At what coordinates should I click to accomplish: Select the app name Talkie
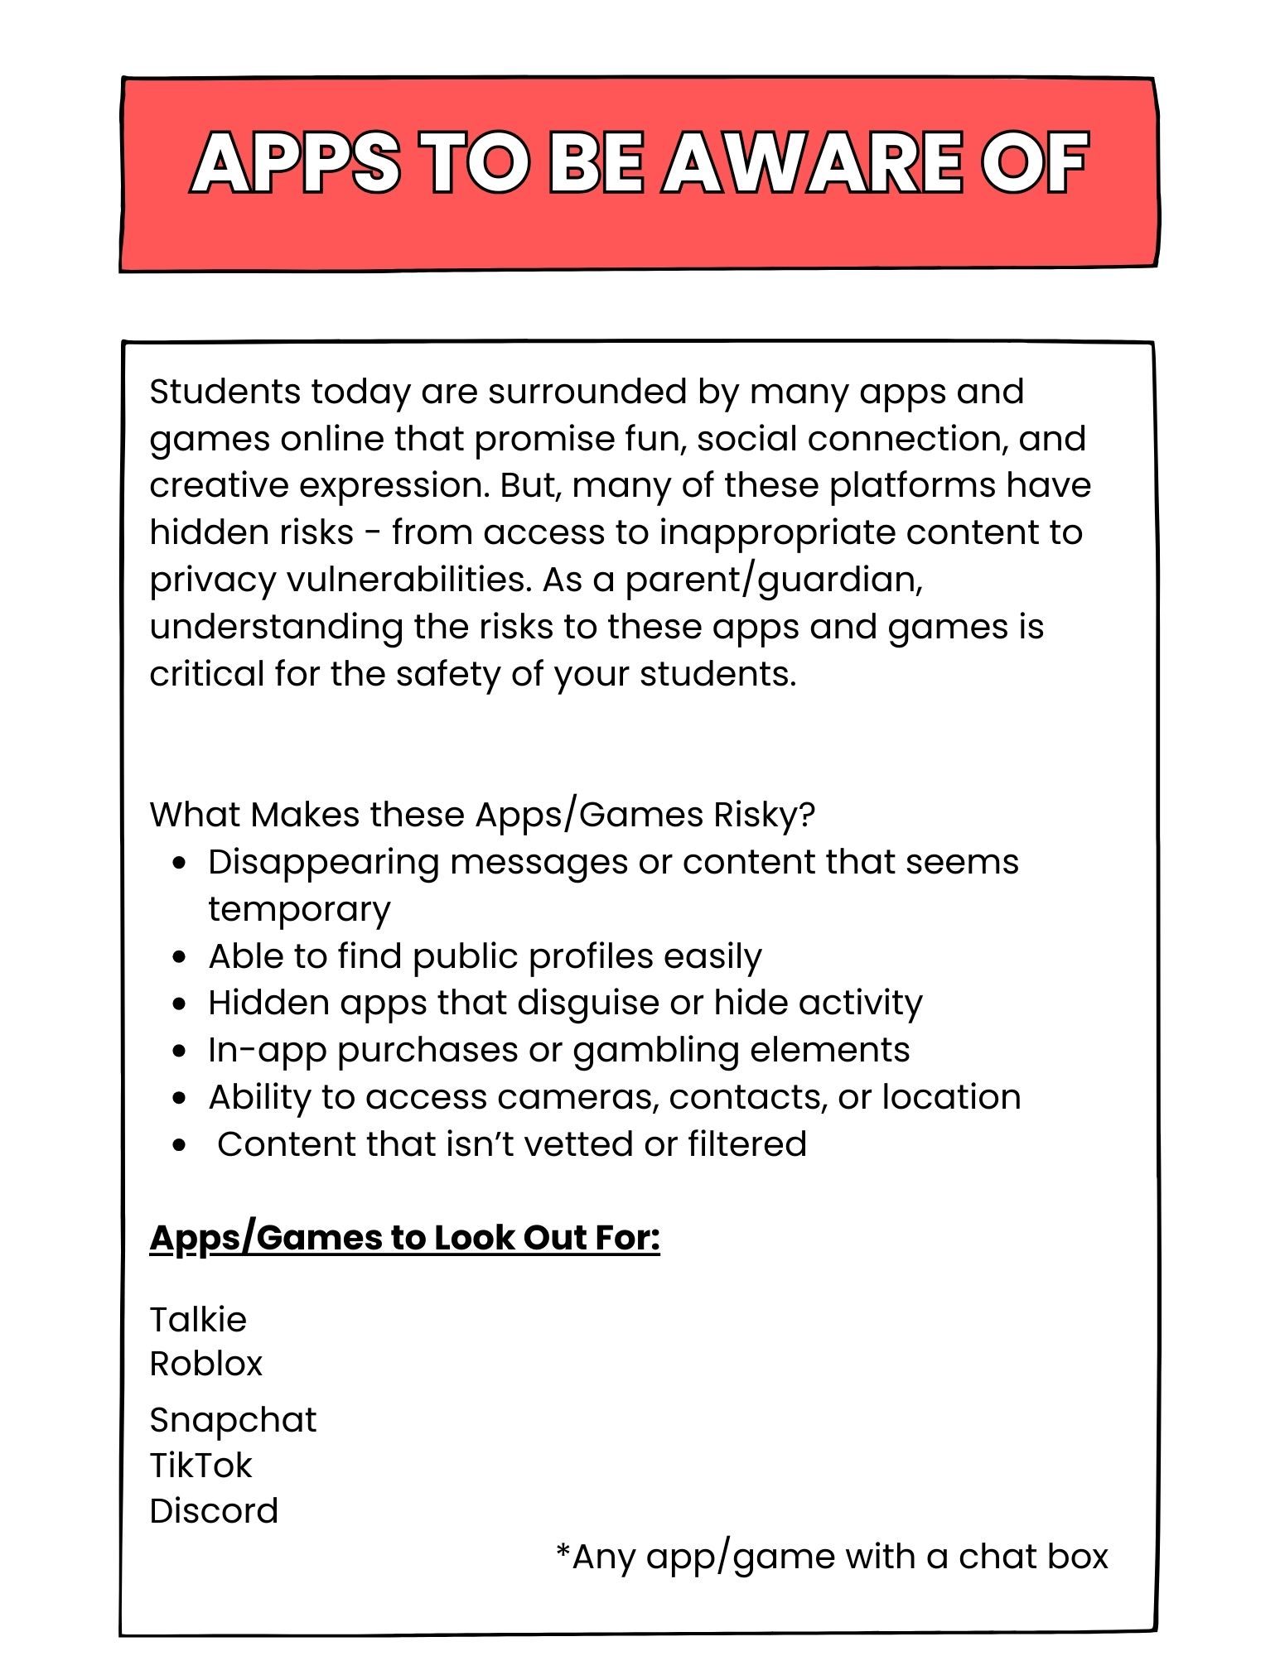point(198,1320)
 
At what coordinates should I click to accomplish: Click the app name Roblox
point(205,1364)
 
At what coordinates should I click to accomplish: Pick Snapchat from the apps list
point(233,1420)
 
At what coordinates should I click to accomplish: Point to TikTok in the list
point(200,1466)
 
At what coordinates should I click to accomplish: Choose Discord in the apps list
point(214,1511)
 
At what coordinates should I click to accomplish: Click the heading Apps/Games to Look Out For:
point(404,1238)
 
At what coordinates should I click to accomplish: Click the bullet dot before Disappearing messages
point(181,863)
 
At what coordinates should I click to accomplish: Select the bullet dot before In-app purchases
point(181,1052)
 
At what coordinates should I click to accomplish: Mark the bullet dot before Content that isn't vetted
point(181,1146)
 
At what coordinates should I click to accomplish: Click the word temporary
point(299,909)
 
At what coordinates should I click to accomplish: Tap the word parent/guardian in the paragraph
point(773,579)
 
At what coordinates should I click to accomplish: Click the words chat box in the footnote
point(1033,1557)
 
